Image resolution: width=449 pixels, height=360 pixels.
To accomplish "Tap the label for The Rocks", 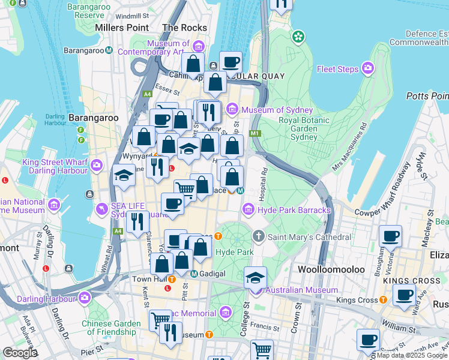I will (x=184, y=28).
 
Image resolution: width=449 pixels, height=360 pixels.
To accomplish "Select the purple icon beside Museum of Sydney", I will (x=232, y=110).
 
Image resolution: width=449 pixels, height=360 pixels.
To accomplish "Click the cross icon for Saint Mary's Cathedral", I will (x=259, y=237).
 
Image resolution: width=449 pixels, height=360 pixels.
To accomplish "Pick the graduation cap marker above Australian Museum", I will (x=256, y=278).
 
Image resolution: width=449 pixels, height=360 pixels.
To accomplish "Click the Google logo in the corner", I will (x=19, y=353).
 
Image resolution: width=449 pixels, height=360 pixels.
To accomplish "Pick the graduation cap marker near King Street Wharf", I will (x=123, y=176).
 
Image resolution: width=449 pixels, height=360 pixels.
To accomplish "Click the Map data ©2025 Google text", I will (x=412, y=355).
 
